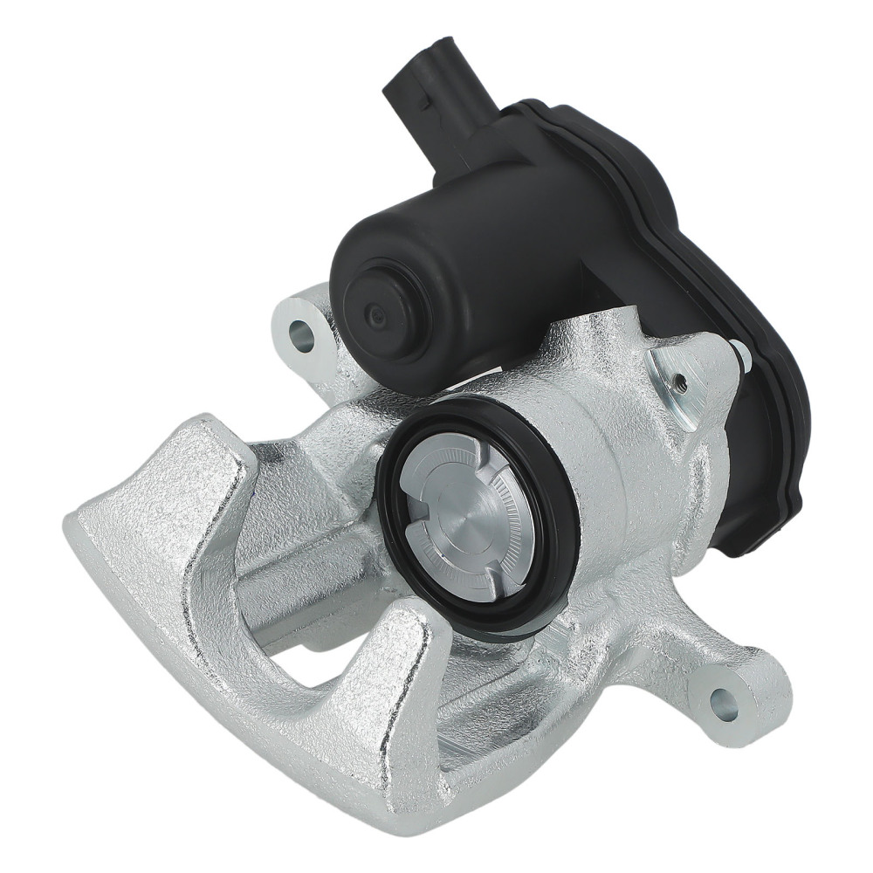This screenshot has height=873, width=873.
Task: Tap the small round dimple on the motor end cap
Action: [x=376, y=314]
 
